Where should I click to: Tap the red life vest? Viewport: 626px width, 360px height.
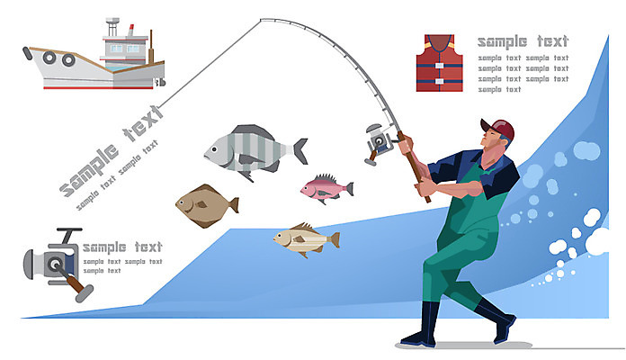439,63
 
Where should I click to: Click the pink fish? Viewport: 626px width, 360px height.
326,188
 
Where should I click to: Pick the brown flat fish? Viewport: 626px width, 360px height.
206,206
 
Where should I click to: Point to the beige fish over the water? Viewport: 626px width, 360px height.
306,239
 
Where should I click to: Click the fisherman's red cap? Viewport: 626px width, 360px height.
500,128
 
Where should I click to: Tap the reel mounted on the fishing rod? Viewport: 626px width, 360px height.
380,143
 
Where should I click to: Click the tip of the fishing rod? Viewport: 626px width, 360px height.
261,20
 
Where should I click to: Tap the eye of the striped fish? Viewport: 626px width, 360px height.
215,149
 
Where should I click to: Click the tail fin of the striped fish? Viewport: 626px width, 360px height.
300,151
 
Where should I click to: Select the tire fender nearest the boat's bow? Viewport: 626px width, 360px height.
49,57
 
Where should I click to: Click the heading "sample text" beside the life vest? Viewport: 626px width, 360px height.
523,41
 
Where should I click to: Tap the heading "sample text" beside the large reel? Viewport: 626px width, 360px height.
122,247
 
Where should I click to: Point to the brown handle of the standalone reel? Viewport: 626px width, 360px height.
76,283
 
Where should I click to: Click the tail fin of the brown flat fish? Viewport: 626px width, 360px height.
234,205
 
